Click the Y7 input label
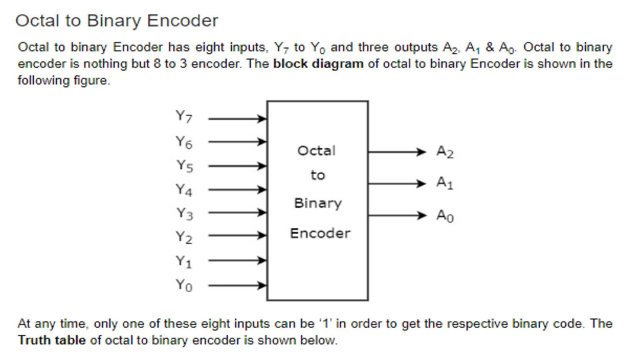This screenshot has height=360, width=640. point(184,117)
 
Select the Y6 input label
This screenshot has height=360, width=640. point(184,142)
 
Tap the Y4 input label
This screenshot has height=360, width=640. point(184,190)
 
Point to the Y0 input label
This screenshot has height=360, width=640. point(184,285)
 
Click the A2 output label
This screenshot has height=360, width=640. point(445,152)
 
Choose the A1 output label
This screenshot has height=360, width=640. point(445,183)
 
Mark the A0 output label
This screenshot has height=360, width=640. point(445,216)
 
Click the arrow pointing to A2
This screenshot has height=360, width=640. point(397,152)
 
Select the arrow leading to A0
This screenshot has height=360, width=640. point(397,215)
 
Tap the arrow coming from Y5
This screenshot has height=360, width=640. point(237,166)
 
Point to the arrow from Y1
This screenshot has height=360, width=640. point(237,260)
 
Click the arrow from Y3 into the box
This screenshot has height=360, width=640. point(237,212)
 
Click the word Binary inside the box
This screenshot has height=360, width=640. point(318,203)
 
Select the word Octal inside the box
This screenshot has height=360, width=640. point(317,151)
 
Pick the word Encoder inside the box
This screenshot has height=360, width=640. point(320,233)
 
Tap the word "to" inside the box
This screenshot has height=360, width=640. point(318,175)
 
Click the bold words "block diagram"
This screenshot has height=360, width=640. point(318,64)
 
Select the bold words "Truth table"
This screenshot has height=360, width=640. point(52,340)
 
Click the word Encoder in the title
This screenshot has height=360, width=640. point(182,21)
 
